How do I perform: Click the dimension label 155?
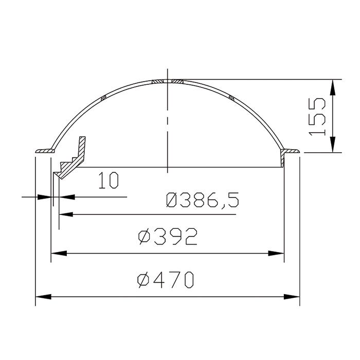coord(317,117)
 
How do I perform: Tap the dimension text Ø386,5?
coord(202,200)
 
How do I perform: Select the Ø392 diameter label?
coord(167,236)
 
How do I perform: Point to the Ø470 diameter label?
coord(165,280)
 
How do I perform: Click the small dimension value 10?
coord(109,180)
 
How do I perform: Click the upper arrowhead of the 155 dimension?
coord(332,87)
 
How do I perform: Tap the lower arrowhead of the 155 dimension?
coord(332,144)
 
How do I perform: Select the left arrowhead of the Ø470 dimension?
coord(43,297)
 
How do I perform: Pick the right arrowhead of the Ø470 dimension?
coord(292,297)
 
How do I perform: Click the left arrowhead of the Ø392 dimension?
coord(59,253)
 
